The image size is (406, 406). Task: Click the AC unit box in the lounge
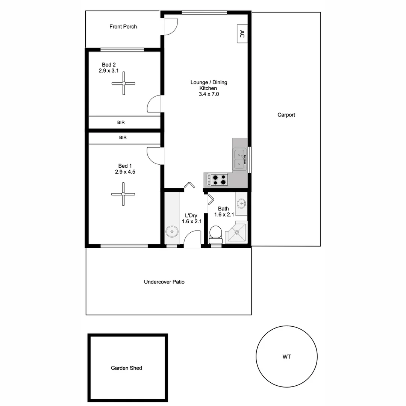click(x=242, y=34)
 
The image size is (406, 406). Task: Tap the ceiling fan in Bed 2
click(x=123, y=83)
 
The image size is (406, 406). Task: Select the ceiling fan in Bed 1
click(x=123, y=194)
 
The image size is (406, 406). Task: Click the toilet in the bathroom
click(x=216, y=232)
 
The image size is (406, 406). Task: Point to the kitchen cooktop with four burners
click(x=219, y=179)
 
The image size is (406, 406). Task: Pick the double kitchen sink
click(x=239, y=159)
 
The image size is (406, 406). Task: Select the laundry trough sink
click(x=172, y=232)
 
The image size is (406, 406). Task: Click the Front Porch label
click(x=123, y=27)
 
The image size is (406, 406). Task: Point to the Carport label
click(x=286, y=115)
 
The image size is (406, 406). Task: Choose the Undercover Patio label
click(x=164, y=282)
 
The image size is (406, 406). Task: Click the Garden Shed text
click(x=126, y=368)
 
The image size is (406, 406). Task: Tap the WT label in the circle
click(x=287, y=357)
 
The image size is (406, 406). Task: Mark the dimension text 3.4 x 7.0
click(x=209, y=94)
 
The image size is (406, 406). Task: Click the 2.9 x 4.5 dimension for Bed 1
click(x=125, y=172)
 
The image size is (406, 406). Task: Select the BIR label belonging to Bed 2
click(x=121, y=123)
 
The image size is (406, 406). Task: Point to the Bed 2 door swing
click(x=154, y=104)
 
